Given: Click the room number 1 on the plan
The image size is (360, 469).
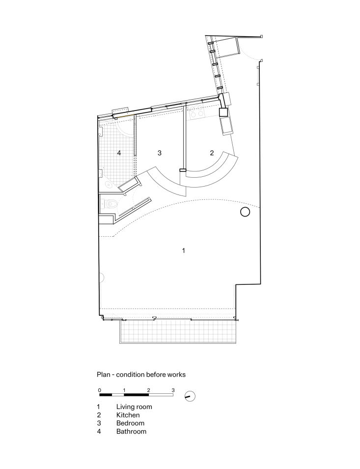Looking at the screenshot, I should click(x=183, y=250).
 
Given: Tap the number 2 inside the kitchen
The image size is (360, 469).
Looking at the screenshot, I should click(x=212, y=153).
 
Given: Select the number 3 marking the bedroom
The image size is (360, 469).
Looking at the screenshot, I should click(x=159, y=153).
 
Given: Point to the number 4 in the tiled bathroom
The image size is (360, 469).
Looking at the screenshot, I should click(x=119, y=153).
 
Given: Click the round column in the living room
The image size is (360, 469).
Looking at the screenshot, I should click(x=245, y=212).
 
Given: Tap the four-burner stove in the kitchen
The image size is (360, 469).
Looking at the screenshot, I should click(x=197, y=113).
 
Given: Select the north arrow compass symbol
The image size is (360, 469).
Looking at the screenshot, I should click(x=190, y=396).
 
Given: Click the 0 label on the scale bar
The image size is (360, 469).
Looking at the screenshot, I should click(x=100, y=390).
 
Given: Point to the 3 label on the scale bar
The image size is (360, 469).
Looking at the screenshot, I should click(x=173, y=390).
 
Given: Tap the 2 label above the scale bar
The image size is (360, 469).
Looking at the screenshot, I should click(x=148, y=390).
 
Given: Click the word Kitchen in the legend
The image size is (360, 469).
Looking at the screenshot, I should click(x=128, y=415).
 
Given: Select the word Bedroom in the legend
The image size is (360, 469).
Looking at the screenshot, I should click(x=130, y=423).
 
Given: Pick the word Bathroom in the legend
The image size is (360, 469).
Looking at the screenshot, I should click(x=131, y=432).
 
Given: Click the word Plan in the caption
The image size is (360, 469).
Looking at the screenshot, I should click(x=104, y=374).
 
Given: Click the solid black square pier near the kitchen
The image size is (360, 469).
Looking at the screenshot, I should click(x=223, y=112).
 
